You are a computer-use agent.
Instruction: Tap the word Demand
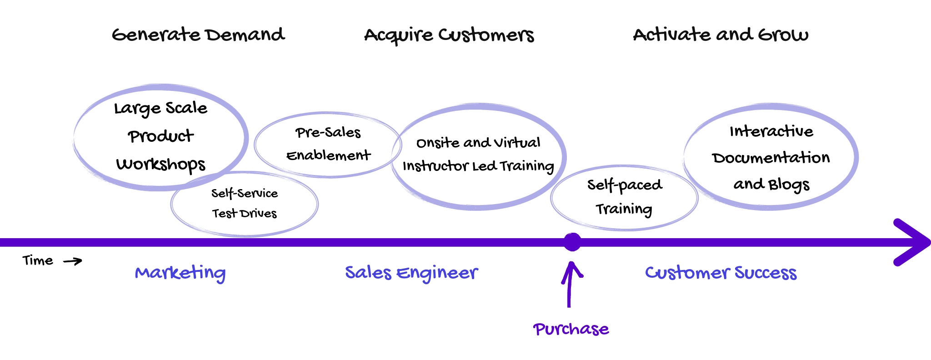pyautogui.click(x=245, y=35)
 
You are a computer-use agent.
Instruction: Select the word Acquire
pyautogui.click(x=398, y=35)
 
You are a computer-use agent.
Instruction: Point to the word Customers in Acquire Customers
pyautogui.click(x=486, y=35)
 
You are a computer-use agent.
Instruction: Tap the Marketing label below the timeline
pyautogui.click(x=180, y=273)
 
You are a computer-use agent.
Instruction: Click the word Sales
pyautogui.click(x=368, y=273)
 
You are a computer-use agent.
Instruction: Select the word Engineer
pyautogui.click(x=437, y=273)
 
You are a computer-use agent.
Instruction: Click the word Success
pyautogui.click(x=766, y=273)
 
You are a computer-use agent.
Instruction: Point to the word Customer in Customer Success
pyautogui.click(x=688, y=273)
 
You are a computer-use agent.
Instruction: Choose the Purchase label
pyautogui.click(x=571, y=329)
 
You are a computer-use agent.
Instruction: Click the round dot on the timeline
pyautogui.click(x=572, y=242)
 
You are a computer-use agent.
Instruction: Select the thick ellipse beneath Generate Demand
pyautogui.click(x=160, y=137)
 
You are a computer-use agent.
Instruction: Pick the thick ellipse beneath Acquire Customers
pyautogui.click(x=478, y=156)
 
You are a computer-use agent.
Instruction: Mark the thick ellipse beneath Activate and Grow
pyautogui.click(x=771, y=156)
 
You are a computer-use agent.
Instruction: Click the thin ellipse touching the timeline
pyautogui.click(x=245, y=204)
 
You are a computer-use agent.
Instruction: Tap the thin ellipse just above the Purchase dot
pyautogui.click(x=624, y=198)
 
